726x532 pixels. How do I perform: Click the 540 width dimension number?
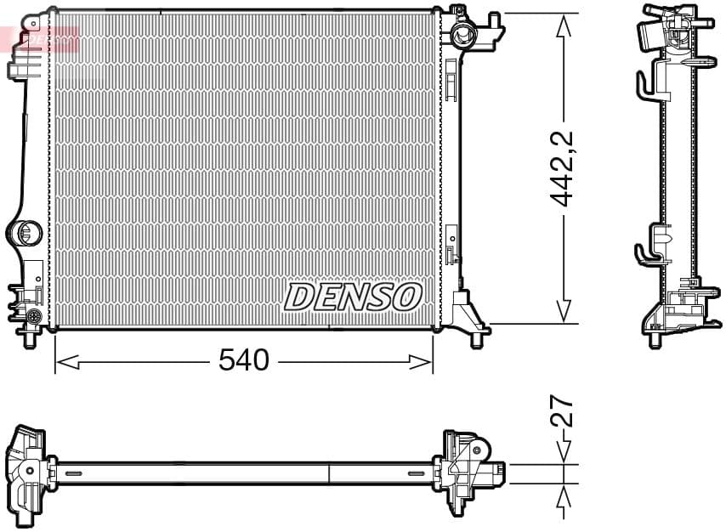(243, 361)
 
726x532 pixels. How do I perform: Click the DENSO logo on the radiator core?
(353, 297)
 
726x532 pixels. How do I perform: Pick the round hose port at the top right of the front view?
(463, 35)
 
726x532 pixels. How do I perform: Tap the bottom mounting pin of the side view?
(655, 340)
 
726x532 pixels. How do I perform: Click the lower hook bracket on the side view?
(646, 247)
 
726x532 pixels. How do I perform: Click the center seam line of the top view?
(329, 473)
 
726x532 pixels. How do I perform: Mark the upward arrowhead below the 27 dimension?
(562, 494)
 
